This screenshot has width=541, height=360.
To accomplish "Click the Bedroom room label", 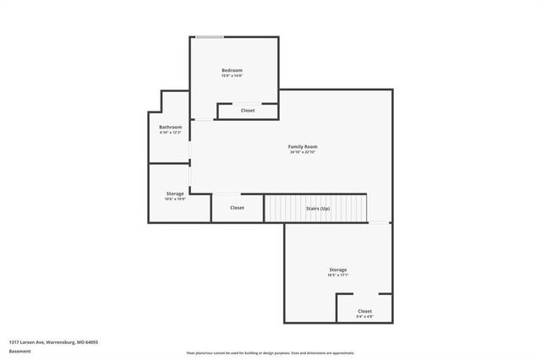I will point(232,69).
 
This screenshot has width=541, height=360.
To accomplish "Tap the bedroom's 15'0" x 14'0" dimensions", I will point(232,76).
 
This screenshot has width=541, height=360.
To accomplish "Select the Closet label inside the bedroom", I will point(248,111).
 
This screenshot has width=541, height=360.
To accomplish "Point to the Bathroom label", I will point(171,127).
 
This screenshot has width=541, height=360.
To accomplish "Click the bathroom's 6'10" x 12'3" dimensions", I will point(171,133).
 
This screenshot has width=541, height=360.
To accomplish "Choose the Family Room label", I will point(303,146).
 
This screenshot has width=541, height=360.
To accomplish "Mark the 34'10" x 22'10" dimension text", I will point(303,152).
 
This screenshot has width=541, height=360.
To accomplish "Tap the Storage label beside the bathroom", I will point(175,194).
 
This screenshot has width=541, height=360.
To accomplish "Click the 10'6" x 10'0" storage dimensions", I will point(175,199).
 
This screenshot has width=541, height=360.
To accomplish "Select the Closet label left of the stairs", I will point(238,207).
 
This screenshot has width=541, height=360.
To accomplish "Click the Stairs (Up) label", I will point(318,207).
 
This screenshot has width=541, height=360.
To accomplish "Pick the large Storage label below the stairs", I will point(338,270).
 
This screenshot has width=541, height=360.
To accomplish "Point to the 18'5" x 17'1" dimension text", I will point(338,275).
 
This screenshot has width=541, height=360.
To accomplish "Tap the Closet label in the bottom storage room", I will point(364,311).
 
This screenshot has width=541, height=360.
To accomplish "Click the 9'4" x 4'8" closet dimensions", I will point(364,317).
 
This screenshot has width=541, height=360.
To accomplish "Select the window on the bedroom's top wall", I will point(210,36).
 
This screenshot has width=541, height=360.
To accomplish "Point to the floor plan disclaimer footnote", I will point(270,352).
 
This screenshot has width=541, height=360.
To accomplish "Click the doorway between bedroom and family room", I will point(203,120).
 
